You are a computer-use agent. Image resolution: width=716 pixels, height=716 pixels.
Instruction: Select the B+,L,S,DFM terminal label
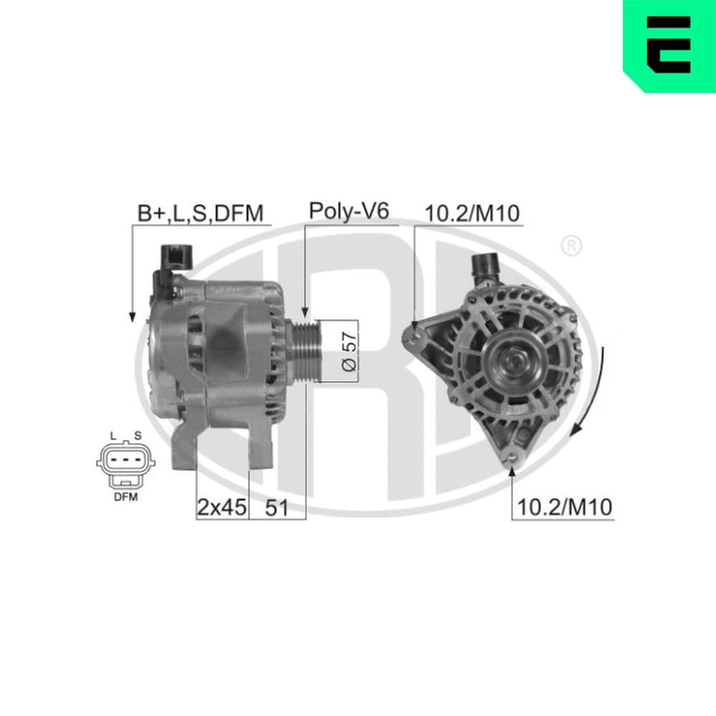pos(201,213)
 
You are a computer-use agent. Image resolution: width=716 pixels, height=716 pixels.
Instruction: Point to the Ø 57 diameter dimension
pos(349,351)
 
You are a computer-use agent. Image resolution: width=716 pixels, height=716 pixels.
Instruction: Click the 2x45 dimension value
pos(221,508)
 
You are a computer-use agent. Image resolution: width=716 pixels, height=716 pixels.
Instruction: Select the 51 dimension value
pos(276,508)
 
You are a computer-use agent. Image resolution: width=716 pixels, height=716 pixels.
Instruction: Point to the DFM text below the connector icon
pos(125,496)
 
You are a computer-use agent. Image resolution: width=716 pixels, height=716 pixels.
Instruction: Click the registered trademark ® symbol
pos(571,246)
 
